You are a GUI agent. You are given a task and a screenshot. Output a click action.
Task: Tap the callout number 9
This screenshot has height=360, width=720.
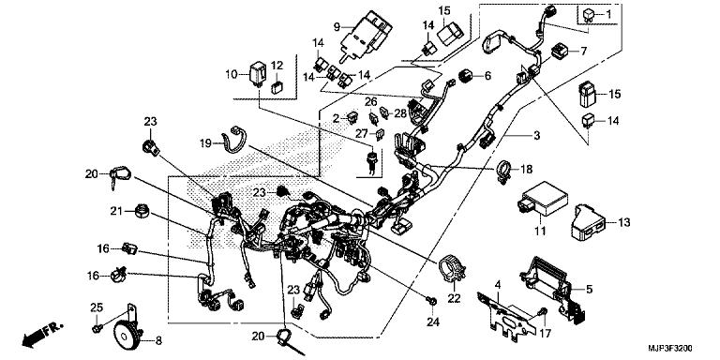click(337, 26)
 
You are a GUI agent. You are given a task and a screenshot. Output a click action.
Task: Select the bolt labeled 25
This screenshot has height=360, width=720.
click(97, 328)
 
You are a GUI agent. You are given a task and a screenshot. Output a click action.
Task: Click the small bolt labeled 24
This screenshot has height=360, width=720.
click(431, 300)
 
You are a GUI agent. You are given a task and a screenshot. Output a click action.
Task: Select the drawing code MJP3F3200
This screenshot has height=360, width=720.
click(671, 349)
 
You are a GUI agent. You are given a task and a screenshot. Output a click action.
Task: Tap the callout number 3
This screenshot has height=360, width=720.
click(537, 136)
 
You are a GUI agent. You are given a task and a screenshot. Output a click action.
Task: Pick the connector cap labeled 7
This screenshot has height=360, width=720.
click(560, 51)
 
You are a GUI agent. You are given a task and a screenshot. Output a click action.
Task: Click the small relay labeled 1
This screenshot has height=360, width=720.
click(589, 15)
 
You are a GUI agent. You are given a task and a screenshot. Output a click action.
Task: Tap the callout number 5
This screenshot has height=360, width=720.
click(589, 290)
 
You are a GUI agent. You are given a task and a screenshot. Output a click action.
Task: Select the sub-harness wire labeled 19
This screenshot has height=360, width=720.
click(232, 139)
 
